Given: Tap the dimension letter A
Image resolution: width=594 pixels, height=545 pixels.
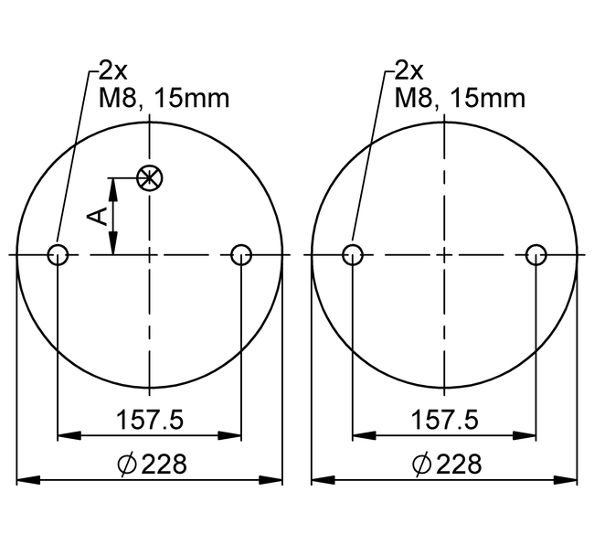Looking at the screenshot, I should [x=98, y=216].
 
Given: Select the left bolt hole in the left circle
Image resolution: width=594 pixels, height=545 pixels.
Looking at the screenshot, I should [x=58, y=254].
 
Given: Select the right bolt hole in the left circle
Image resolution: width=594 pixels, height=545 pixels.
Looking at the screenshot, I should [x=241, y=254].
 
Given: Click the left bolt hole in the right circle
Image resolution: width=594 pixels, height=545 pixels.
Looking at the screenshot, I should [x=352, y=254].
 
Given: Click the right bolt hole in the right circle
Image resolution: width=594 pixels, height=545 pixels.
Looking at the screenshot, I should [x=536, y=254].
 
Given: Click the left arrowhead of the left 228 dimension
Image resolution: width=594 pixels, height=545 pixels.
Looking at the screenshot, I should [x=26, y=479].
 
